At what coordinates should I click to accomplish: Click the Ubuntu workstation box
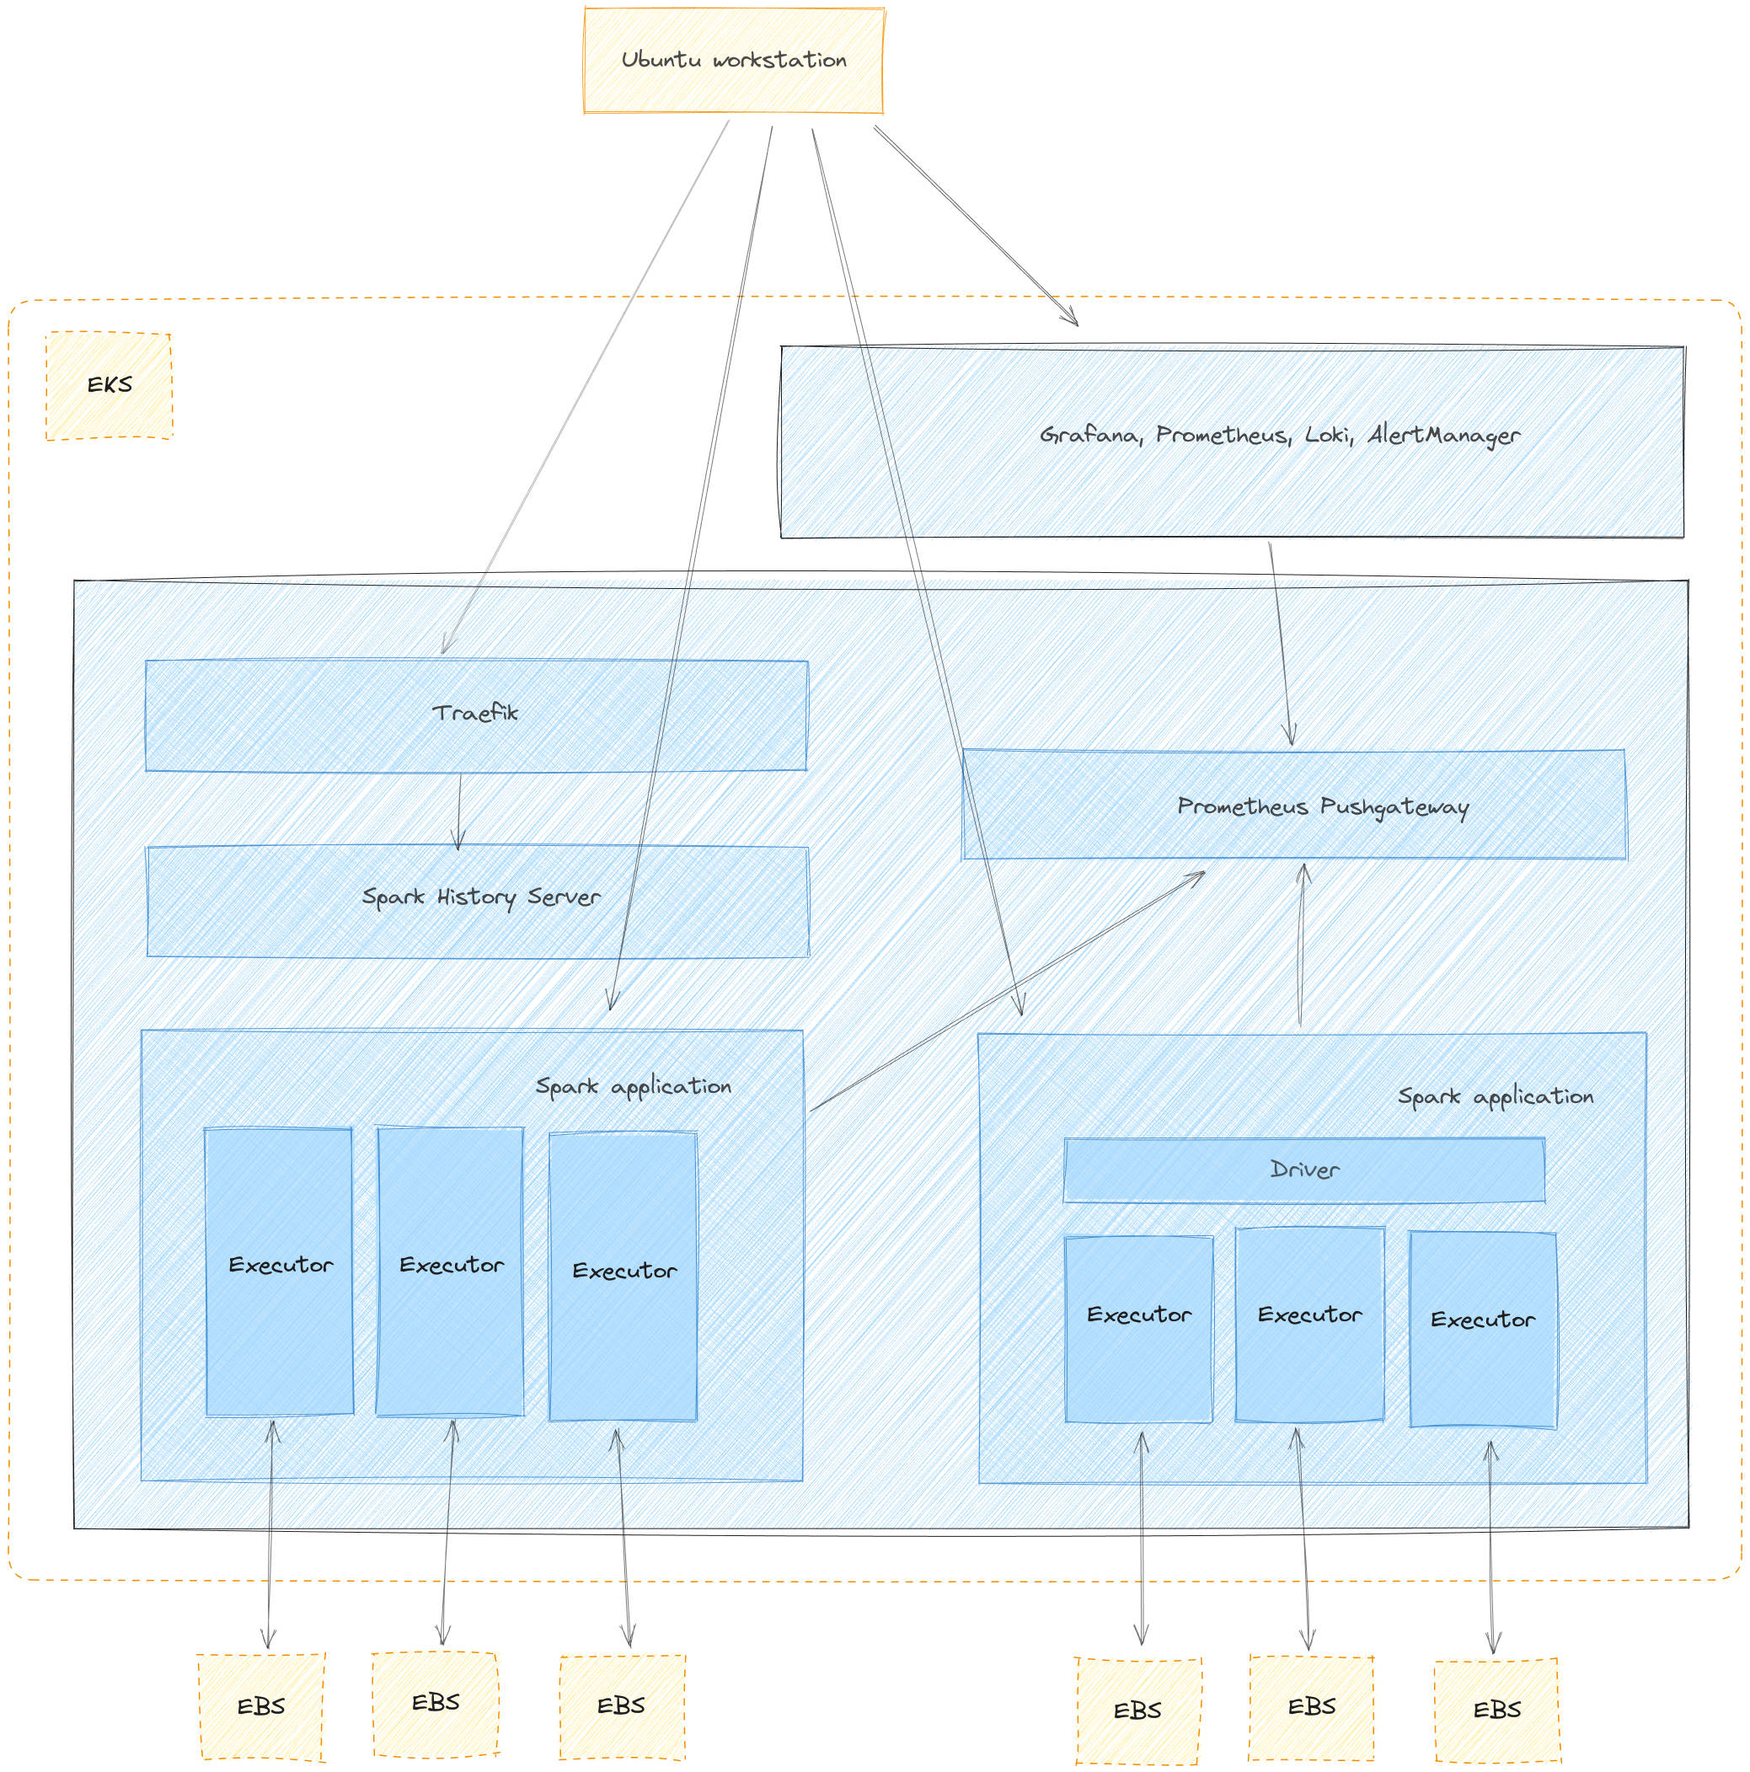coord(734,61)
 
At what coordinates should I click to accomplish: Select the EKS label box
coord(110,385)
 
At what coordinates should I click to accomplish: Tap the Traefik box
coord(476,715)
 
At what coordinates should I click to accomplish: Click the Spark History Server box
coord(478,901)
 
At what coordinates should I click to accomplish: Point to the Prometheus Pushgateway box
coord(1293,806)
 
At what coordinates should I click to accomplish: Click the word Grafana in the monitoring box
coord(1089,435)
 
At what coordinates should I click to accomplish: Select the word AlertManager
coord(1443,435)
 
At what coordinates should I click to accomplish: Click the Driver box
coord(1303,1170)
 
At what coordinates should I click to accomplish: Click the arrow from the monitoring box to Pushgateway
coord(1282,642)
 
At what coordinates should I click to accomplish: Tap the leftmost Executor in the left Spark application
coord(279,1271)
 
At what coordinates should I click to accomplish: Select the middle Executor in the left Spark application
coord(450,1271)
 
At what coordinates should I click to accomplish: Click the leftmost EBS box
coord(261,1707)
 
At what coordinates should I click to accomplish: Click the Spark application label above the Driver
coord(1495,1097)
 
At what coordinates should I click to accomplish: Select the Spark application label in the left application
coord(633,1087)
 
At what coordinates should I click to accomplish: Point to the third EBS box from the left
coord(622,1706)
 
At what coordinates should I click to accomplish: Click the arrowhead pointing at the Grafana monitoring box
coord(1073,320)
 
